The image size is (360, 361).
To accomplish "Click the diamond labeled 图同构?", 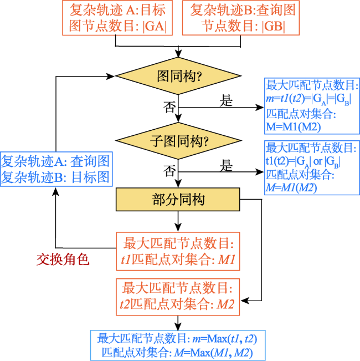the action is click(x=178, y=76).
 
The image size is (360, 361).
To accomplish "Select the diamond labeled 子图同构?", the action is click(x=178, y=141).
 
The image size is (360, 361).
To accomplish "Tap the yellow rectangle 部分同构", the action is click(x=178, y=200).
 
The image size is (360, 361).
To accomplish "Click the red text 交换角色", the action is click(x=63, y=260).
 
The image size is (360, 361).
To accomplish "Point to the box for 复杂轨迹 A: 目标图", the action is click(x=117, y=18).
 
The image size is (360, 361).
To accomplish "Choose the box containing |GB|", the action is click(x=241, y=18).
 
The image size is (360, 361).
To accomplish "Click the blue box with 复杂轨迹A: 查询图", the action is click(x=56, y=169).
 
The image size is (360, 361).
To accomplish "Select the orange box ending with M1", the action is click(x=178, y=251).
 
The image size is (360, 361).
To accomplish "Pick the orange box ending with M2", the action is click(x=178, y=297).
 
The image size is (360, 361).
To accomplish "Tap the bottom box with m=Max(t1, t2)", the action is click(x=178, y=345).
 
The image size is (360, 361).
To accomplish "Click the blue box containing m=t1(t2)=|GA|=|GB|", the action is click(x=312, y=106).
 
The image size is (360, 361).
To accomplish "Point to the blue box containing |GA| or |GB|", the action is click(x=312, y=168).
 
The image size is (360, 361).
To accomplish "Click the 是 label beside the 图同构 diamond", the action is click(x=226, y=100).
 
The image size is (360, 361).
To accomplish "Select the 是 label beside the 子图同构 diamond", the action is click(x=226, y=165).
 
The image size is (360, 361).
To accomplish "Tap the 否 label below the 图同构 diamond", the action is click(x=169, y=107).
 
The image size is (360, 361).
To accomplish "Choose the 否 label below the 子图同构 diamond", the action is click(x=169, y=171).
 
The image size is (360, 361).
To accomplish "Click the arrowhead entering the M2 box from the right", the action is click(x=245, y=301).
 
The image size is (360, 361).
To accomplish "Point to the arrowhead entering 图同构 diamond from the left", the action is click(x=110, y=77).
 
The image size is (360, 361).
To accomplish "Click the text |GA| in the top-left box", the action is click(x=155, y=26).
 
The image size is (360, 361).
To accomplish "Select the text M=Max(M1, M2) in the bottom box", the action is click(x=214, y=353).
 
